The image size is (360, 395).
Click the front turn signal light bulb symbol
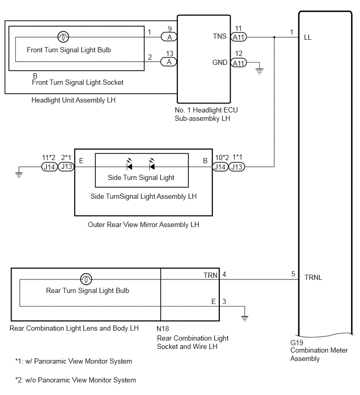coord(63,37)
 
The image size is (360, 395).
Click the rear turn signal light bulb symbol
coord(86,279)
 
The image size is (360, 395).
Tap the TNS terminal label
coord(220,36)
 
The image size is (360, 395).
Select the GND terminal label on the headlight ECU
coord(220,62)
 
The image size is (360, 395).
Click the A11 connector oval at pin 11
coord(239,37)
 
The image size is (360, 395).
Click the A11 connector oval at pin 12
coord(239,63)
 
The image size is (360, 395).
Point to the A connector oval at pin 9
coord(169,37)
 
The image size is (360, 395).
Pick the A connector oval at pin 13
coord(169,62)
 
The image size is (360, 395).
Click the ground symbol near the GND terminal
coord(260,71)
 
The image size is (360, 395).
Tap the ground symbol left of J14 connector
coord(19,175)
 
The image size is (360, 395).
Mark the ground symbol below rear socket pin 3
coord(244,318)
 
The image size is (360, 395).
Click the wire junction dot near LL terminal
coord(274,37)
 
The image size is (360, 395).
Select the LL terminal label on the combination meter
coord(308,38)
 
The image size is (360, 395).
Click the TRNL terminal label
coord(313,277)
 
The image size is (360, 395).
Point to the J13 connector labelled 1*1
coord(237,167)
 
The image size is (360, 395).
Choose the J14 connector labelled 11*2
coord(50,167)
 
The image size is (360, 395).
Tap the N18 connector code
coord(163,329)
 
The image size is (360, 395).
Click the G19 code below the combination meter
coord(297,343)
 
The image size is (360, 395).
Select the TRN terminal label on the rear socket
coord(210,275)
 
